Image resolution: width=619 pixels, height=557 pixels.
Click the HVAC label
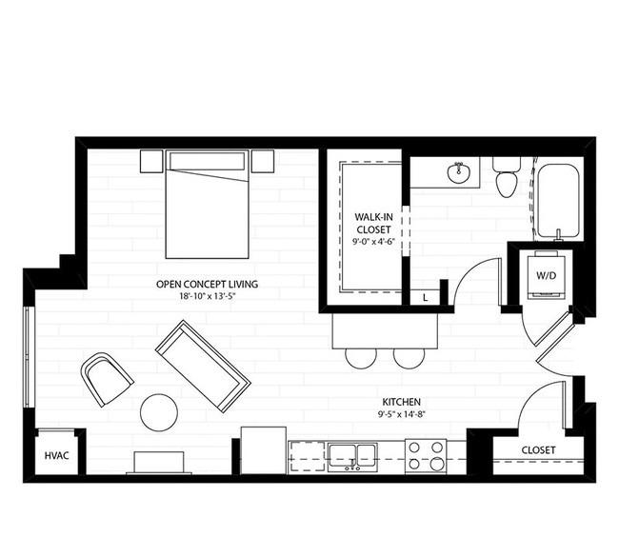[55, 456]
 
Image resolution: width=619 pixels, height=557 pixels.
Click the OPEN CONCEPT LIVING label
[208, 284]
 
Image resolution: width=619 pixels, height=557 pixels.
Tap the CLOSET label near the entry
[538, 450]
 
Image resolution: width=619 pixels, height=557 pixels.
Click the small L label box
[424, 298]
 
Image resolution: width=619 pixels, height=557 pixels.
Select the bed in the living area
[207, 203]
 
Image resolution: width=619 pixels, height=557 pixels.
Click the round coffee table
[159, 412]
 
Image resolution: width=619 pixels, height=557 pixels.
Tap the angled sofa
[203, 366]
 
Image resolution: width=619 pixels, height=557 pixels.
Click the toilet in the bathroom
[506, 177]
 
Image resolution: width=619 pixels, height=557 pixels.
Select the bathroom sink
[460, 172]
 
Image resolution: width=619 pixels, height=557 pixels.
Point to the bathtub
[557, 201]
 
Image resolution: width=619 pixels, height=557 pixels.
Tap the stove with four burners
[425, 455]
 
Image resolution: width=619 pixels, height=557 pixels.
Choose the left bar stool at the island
[361, 357]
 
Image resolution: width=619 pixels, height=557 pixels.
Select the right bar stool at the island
[409, 357]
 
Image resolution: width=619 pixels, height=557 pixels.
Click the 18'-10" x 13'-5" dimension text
[208, 296]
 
